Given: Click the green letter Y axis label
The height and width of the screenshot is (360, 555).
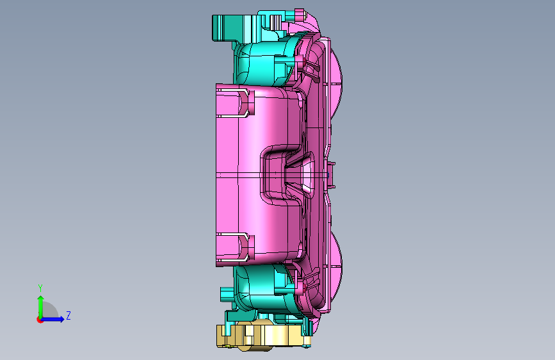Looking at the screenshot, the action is [x=40, y=288].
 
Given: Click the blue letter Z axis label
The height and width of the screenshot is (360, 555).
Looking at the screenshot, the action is [x=68, y=315].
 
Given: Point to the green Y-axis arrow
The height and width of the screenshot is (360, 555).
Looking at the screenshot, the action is [x=41, y=307].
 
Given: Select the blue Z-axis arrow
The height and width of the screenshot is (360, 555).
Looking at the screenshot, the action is [x=52, y=319].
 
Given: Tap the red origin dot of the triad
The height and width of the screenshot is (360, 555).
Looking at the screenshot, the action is [x=40, y=320].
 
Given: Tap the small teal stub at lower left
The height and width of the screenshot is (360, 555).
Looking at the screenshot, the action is [x=227, y=294].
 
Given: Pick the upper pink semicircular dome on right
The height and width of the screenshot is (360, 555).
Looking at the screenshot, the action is [x=336, y=76].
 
